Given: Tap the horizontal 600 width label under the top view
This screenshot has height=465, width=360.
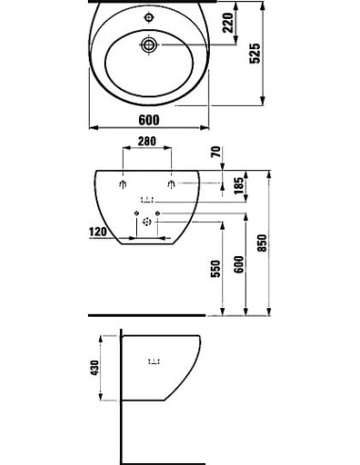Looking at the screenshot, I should click(x=148, y=118).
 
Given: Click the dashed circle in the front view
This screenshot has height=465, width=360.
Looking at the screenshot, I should click(x=147, y=223).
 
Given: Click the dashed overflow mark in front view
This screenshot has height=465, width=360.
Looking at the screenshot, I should click(x=147, y=199).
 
